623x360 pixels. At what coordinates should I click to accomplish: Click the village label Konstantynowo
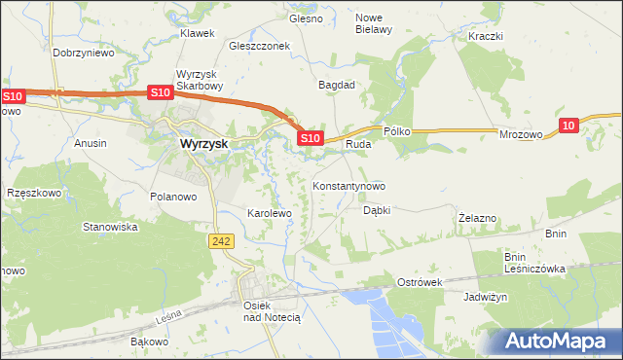point(348,185)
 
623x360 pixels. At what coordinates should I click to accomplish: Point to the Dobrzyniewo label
point(84,53)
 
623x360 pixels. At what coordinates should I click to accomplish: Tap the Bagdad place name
point(337,85)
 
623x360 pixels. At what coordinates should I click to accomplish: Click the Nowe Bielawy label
point(373,23)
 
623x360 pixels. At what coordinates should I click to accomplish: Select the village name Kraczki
point(485,36)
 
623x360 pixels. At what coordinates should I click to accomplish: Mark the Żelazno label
point(478,219)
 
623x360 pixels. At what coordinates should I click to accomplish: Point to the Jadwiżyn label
point(487,297)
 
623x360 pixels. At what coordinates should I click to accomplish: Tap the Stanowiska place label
point(110,227)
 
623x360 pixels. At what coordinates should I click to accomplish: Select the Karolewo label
point(270,212)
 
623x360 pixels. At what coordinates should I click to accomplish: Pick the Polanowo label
point(174,196)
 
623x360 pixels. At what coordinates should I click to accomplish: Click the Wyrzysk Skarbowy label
point(201,81)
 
